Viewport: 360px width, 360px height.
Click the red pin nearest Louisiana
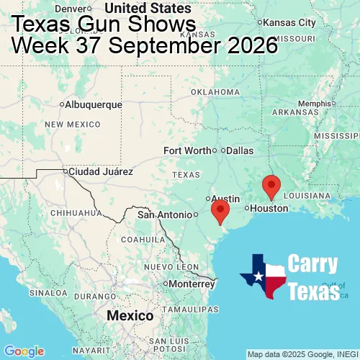(x=271, y=186)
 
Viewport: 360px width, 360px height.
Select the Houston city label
(x=269, y=208)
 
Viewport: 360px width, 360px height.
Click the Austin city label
(x=225, y=198)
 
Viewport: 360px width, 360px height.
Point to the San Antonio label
(x=165, y=215)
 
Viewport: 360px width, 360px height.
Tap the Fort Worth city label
(x=187, y=150)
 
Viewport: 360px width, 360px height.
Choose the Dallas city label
(x=239, y=151)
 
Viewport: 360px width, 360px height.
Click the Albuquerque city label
(x=93, y=104)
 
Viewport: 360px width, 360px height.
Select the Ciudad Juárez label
(x=99, y=172)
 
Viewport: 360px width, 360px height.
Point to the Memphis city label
(x=317, y=103)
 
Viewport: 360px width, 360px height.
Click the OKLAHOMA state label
(x=215, y=92)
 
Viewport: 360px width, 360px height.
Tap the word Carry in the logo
(x=313, y=264)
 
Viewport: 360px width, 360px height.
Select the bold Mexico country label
(x=130, y=316)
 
